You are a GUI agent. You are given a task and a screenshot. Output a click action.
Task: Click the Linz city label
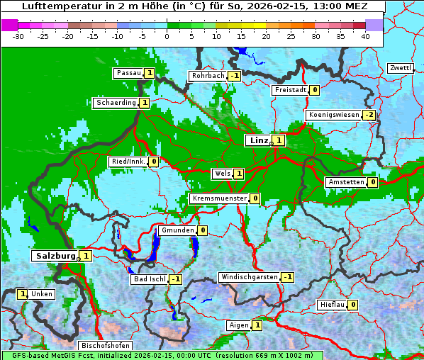(259, 140)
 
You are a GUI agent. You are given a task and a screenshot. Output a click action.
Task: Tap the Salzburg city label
(55, 255)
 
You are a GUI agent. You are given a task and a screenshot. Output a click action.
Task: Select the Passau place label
(128, 73)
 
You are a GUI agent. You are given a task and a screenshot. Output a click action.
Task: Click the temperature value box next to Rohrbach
(235, 76)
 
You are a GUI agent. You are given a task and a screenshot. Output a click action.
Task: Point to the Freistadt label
(290, 90)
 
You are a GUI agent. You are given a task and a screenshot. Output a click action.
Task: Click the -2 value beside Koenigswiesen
(369, 115)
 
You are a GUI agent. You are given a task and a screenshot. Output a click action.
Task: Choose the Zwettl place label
(400, 68)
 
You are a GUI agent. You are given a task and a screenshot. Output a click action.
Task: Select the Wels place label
(222, 174)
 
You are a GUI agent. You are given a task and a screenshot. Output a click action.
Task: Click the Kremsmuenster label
(219, 198)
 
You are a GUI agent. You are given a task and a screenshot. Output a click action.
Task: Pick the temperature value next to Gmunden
(203, 230)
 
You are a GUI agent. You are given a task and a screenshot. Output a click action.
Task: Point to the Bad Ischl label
(149, 279)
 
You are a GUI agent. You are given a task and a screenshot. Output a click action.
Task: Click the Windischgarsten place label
(249, 277)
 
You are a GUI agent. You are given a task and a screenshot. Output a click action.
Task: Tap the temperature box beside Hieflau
(352, 305)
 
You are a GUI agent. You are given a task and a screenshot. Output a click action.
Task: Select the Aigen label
(239, 325)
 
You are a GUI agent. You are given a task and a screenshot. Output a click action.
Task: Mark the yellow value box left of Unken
(23, 294)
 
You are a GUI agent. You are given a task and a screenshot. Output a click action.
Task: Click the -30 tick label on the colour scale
(18, 35)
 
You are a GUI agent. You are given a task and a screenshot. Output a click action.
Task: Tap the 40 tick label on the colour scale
(365, 35)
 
